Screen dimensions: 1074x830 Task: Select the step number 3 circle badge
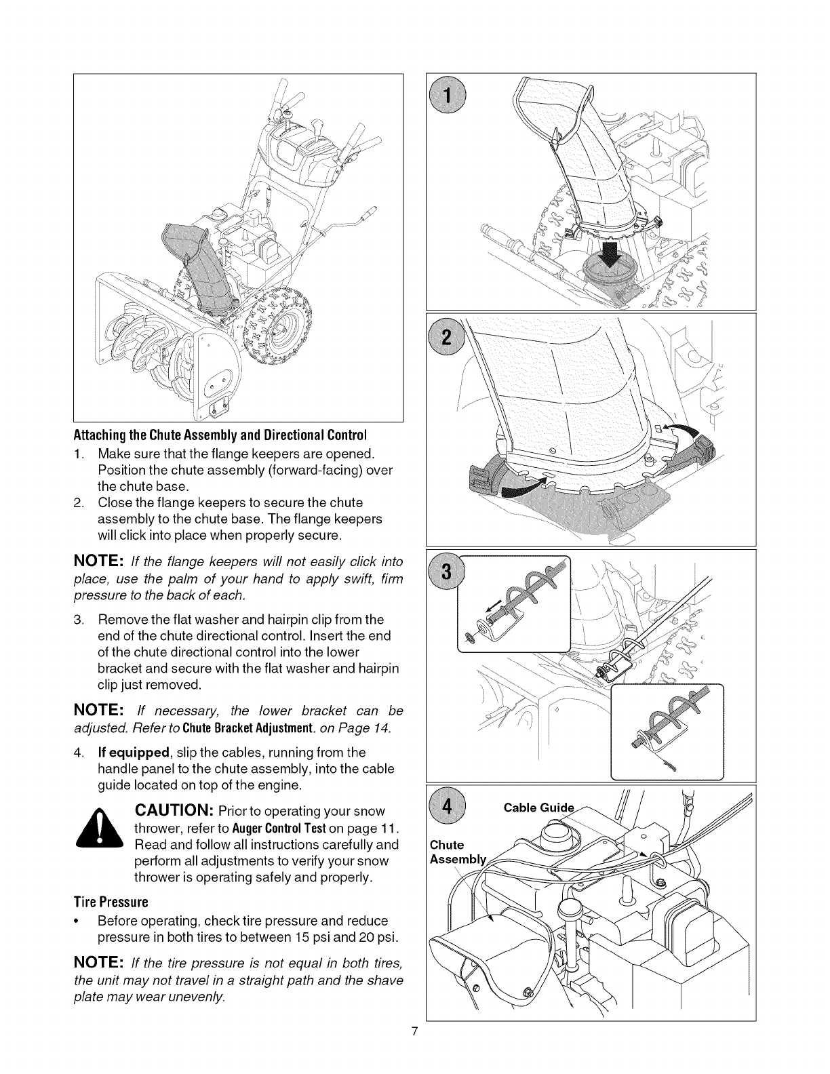[x=448, y=572]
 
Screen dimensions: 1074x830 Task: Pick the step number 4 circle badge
[x=448, y=808]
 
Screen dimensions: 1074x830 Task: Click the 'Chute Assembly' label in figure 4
[x=450, y=852]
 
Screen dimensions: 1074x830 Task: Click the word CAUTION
[x=175, y=811]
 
